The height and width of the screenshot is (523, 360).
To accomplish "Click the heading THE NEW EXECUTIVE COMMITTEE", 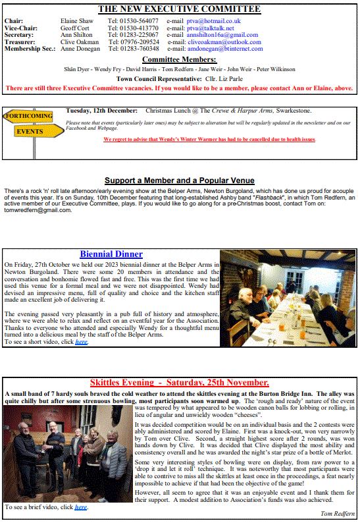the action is click(179, 9).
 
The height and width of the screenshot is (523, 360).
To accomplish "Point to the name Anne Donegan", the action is click(80, 49).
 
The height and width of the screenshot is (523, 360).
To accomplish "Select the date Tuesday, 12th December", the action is click(102, 110).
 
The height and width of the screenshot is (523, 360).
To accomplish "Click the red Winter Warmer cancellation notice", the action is click(209, 139).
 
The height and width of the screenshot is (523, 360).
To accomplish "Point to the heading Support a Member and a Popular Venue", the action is click(180, 180).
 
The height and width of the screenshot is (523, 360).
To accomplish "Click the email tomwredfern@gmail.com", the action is click(36, 210).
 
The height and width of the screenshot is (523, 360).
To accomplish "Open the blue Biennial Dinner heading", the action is click(111, 254).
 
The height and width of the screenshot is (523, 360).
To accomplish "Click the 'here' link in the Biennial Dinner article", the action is click(81, 342).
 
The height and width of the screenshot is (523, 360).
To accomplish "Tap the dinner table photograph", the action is click(288, 297).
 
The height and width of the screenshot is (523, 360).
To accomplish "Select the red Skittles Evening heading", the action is click(179, 383).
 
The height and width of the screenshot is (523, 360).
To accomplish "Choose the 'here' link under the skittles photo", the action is click(80, 507).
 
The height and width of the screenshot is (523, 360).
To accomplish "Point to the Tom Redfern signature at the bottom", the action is click(337, 513).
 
